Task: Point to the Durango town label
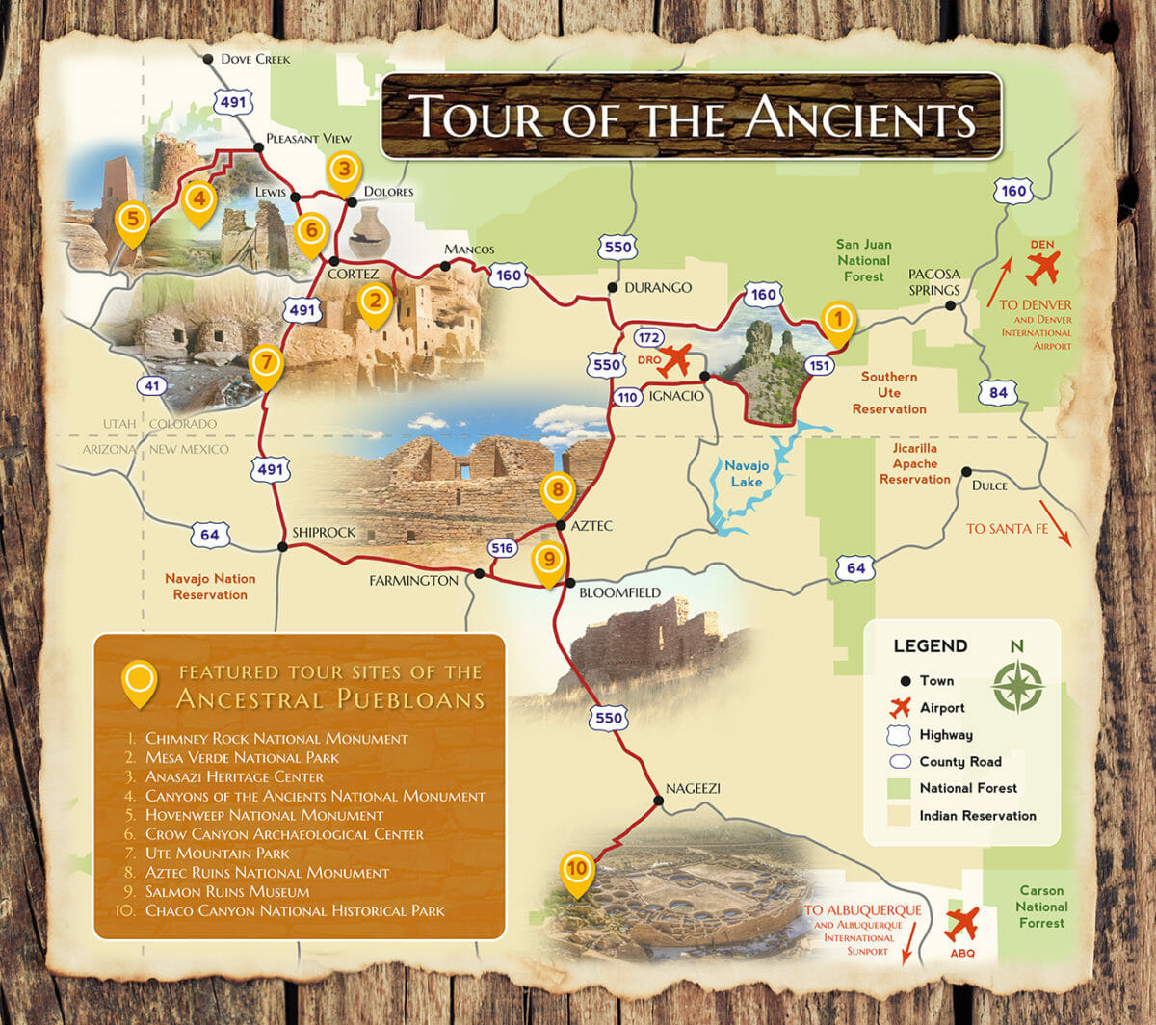658,287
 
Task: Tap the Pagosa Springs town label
934,281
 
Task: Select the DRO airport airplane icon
677,359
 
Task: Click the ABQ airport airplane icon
961,924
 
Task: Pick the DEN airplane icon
1041,268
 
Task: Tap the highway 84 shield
997,392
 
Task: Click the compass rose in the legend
1017,686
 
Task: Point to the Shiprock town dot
282,546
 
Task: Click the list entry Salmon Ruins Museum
227,891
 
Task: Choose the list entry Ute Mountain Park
217,853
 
